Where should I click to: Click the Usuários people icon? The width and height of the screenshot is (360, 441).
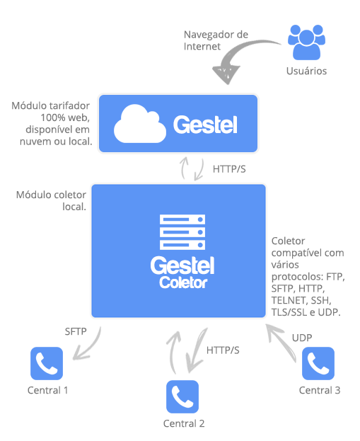[307, 42]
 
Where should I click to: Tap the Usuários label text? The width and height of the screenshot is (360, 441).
[307, 71]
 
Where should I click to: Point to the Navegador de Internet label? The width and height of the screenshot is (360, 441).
[216, 40]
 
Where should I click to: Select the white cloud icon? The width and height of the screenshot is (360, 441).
[140, 124]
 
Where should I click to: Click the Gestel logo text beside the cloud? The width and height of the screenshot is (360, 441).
[205, 125]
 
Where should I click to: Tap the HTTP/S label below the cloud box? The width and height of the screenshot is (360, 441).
[229, 169]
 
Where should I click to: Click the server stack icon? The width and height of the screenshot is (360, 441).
[182, 232]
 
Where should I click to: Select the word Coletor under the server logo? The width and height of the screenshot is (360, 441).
[183, 282]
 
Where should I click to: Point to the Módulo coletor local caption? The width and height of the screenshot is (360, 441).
[51, 201]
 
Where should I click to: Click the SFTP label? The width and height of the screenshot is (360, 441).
[76, 331]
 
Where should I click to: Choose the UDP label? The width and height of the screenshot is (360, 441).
[302, 338]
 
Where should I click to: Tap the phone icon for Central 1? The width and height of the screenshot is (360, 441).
[47, 363]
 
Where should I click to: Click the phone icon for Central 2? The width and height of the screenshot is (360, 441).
[182, 396]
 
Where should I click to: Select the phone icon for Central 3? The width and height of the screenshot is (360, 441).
[318, 363]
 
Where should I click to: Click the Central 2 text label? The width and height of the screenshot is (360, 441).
[184, 423]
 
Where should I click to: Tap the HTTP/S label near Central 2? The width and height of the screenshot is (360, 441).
[223, 350]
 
